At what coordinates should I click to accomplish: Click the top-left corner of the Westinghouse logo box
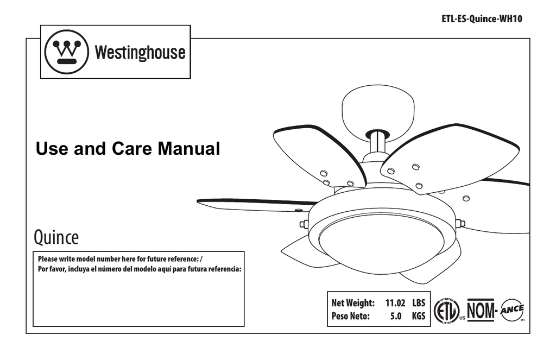tap(40, 25)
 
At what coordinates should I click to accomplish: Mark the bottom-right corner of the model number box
tap(244, 326)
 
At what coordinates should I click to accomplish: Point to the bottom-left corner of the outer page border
tap(26, 333)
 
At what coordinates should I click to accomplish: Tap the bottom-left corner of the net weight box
tap(327, 326)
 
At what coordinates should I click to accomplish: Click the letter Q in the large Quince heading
tap(39, 238)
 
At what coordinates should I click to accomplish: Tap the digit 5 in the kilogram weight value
tap(393, 315)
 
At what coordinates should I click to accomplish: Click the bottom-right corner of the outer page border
tap(530, 333)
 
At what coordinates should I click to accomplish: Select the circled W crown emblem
tap(67, 52)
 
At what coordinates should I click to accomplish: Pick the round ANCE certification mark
tap(512, 310)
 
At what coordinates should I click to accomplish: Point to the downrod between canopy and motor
tap(378, 145)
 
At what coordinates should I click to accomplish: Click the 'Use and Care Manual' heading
tap(128, 148)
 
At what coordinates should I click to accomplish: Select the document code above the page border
tap(482, 19)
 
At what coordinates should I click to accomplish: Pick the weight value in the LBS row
tap(395, 303)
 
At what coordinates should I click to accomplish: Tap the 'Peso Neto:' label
tap(350, 315)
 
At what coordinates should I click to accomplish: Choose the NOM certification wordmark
tap(481, 310)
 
